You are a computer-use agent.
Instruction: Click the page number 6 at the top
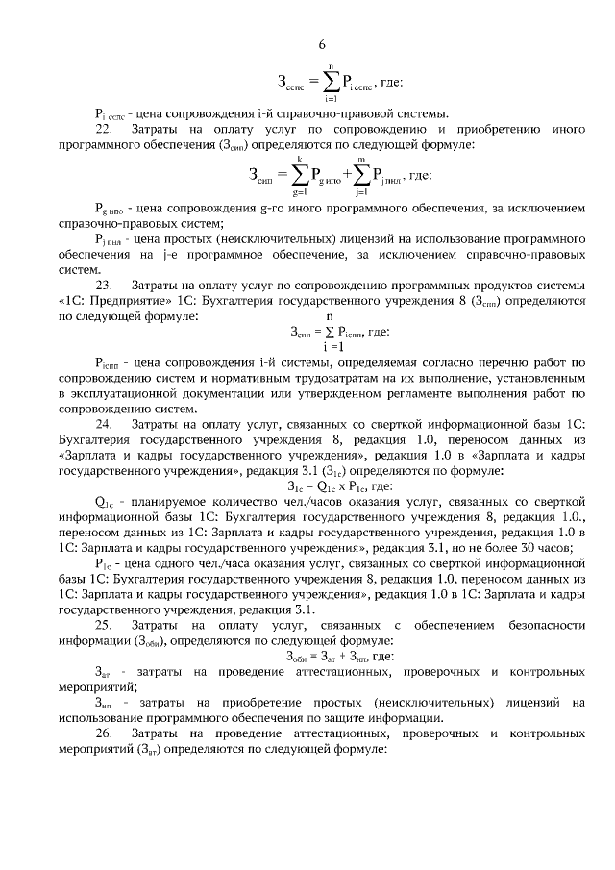pyautogui.click(x=322, y=44)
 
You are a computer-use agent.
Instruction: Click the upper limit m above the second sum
pyautogui.click(x=359, y=159)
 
